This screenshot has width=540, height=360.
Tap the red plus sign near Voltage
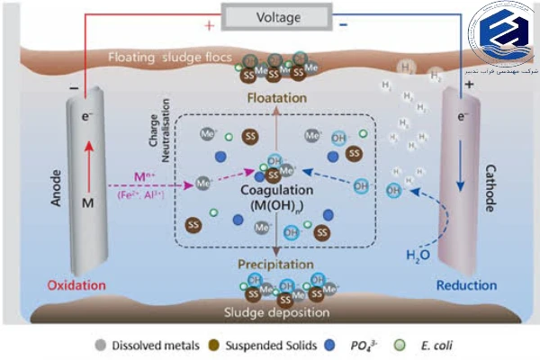pyautogui.click(x=209, y=26)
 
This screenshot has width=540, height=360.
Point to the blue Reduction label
pyautogui.click(x=465, y=285)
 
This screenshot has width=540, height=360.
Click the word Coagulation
pyautogui.click(x=276, y=190)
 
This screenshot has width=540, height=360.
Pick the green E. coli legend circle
pyautogui.click(x=411, y=343)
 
